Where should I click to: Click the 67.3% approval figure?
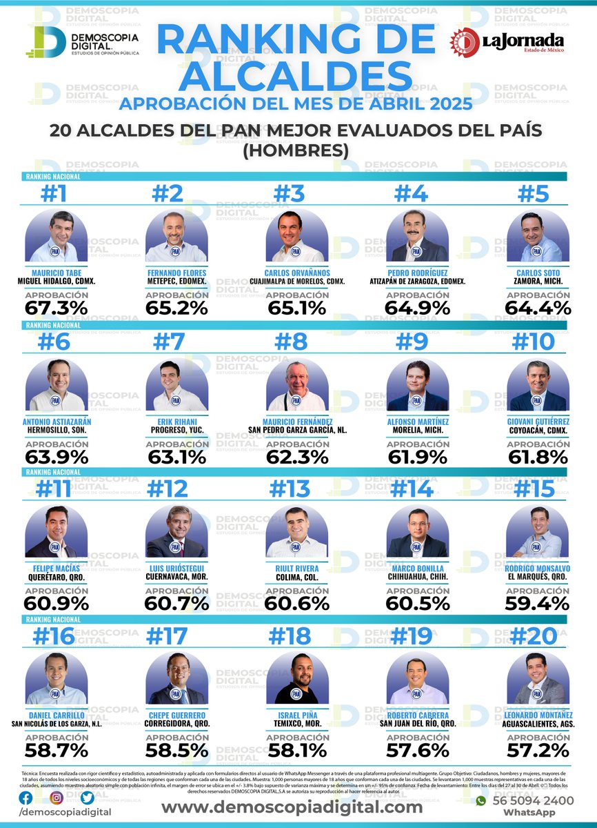56,307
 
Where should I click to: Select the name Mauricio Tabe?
56,273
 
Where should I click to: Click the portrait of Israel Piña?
297,678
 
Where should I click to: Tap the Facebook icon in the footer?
26,798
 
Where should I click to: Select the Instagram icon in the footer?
57,798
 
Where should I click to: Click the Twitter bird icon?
87,798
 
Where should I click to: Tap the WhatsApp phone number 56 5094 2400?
533,800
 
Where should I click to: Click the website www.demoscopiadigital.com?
292,807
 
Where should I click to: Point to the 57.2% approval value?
538,750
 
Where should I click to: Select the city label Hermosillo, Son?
56,430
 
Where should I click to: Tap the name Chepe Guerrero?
176,715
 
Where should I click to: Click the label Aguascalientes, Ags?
538,724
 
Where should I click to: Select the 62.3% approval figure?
297,456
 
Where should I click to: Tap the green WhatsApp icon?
481,801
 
